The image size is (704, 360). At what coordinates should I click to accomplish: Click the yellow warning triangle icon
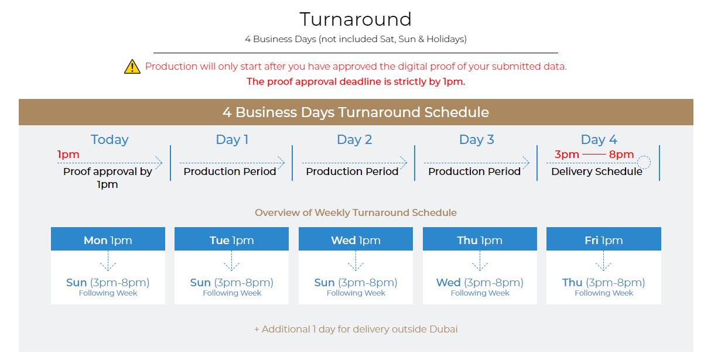[x=132, y=67]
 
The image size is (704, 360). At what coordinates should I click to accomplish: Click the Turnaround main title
[x=356, y=19]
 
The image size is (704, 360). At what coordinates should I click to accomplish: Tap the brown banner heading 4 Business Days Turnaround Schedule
[x=356, y=112]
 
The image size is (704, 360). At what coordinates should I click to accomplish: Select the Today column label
[x=110, y=139]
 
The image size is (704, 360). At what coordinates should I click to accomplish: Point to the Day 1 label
[x=232, y=139]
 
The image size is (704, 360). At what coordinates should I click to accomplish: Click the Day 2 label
[x=354, y=139]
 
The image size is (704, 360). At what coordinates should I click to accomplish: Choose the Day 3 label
[x=476, y=139]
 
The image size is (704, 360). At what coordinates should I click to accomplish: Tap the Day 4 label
[x=599, y=139]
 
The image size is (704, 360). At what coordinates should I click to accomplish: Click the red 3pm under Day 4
[x=567, y=155]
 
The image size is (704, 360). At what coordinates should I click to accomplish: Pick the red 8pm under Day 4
[x=621, y=155]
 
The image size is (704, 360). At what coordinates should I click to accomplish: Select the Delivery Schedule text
[x=596, y=172]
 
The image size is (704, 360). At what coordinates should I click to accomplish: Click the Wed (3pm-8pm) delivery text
[x=480, y=283]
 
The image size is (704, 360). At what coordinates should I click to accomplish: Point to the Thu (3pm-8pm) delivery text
[x=603, y=283]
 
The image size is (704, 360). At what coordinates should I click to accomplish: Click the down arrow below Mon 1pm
[x=108, y=260]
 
